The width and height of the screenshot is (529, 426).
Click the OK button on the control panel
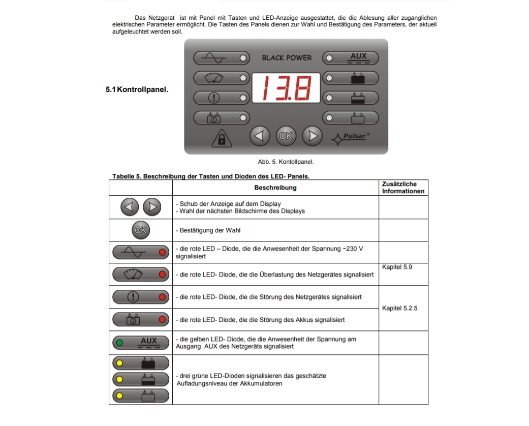(286, 136)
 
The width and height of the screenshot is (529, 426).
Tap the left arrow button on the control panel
(259, 136)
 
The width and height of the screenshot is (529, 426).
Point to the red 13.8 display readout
(286, 88)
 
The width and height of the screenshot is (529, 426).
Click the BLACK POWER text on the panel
(287, 57)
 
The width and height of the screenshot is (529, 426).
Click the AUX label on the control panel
(358, 56)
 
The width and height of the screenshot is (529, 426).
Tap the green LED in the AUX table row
(119, 343)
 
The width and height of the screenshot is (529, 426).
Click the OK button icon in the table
(140, 230)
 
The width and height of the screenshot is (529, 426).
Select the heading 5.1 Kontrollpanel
(137, 90)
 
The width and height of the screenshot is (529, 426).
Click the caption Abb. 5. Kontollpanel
(286, 162)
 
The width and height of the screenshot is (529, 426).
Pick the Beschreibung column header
(275, 188)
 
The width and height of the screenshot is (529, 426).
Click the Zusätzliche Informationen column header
(403, 188)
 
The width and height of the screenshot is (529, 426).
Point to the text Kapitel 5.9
(397, 267)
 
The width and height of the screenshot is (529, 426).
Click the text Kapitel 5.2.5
(399, 308)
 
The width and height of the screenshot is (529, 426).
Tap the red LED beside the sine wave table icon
(162, 252)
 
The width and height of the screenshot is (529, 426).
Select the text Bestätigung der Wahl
(212, 230)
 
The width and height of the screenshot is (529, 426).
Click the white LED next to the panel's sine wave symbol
(243, 58)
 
